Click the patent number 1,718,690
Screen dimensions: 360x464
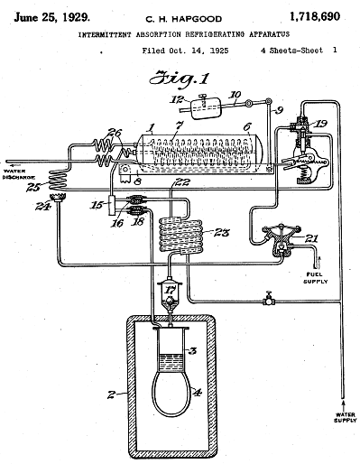[x=315, y=16]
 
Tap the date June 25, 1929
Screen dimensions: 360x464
[x=51, y=17]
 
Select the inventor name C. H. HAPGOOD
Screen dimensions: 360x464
[x=184, y=19]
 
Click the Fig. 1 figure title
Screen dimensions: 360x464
[x=180, y=79]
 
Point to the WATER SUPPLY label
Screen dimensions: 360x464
[x=346, y=417]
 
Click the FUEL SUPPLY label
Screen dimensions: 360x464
[x=315, y=278]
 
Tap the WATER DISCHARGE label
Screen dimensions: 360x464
[x=19, y=174]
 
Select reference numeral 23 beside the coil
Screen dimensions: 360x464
[x=222, y=233]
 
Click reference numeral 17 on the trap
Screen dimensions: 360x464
[x=170, y=290]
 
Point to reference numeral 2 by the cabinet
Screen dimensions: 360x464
[x=112, y=394]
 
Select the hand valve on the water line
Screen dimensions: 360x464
[x=268, y=299]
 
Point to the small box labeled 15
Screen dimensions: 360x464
[x=112, y=205]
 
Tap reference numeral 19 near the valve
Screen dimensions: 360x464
[x=320, y=124]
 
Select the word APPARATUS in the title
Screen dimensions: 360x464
[x=269, y=34]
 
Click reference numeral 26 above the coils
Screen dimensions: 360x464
[x=115, y=132]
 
